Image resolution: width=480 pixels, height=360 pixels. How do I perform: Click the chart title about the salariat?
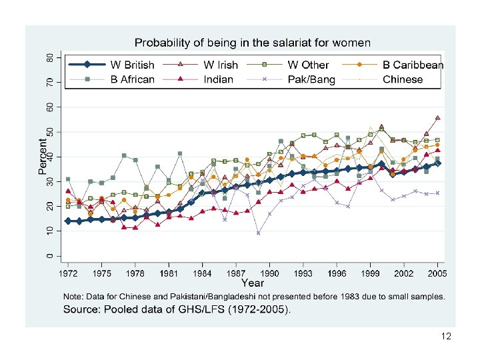pos(253,43)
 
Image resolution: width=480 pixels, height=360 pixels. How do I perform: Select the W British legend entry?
pos(131,65)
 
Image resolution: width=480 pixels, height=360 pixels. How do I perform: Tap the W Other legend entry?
pos(308,65)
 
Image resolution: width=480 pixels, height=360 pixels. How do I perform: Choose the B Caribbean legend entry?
pos(413,65)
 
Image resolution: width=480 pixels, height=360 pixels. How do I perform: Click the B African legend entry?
pos(132,79)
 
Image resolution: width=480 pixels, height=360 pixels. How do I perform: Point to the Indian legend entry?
pos(219,79)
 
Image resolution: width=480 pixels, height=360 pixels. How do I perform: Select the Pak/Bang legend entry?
pos(311,79)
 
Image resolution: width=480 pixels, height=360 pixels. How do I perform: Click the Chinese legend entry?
pos(403,79)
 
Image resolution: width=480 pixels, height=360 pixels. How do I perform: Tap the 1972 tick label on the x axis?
pos(68,273)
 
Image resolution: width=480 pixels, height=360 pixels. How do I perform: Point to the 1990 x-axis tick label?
pos(269,273)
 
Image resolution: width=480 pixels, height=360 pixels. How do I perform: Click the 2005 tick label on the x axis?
pos(437,273)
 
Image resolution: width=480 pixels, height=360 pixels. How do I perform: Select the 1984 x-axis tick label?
pos(202,273)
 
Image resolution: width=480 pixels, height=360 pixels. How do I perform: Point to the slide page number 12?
pos(446,337)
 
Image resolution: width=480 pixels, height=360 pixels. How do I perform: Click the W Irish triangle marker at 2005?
pos(437,118)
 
